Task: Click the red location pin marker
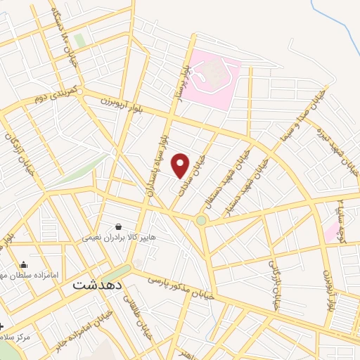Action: [x=181, y=165]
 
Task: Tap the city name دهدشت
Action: [x=98, y=286]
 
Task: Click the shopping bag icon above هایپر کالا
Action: [x=117, y=226]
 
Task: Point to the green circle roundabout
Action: [x=202, y=221]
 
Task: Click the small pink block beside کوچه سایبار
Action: [x=330, y=232]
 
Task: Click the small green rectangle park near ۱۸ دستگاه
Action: [x=80, y=41]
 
